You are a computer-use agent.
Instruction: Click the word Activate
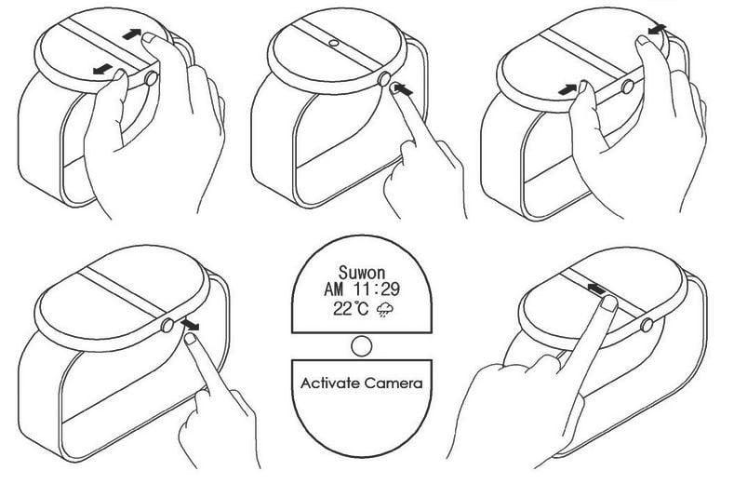tap(330, 383)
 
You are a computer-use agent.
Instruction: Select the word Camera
tap(396, 383)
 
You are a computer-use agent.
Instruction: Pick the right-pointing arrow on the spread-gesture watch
tap(135, 34)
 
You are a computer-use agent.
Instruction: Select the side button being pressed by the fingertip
tap(383, 80)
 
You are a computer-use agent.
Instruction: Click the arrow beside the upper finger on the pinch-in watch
tap(659, 32)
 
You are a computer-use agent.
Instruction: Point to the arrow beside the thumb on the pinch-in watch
tap(566, 88)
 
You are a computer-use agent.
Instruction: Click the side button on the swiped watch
tap(647, 326)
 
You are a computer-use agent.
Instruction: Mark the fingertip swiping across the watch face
tap(608, 304)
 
